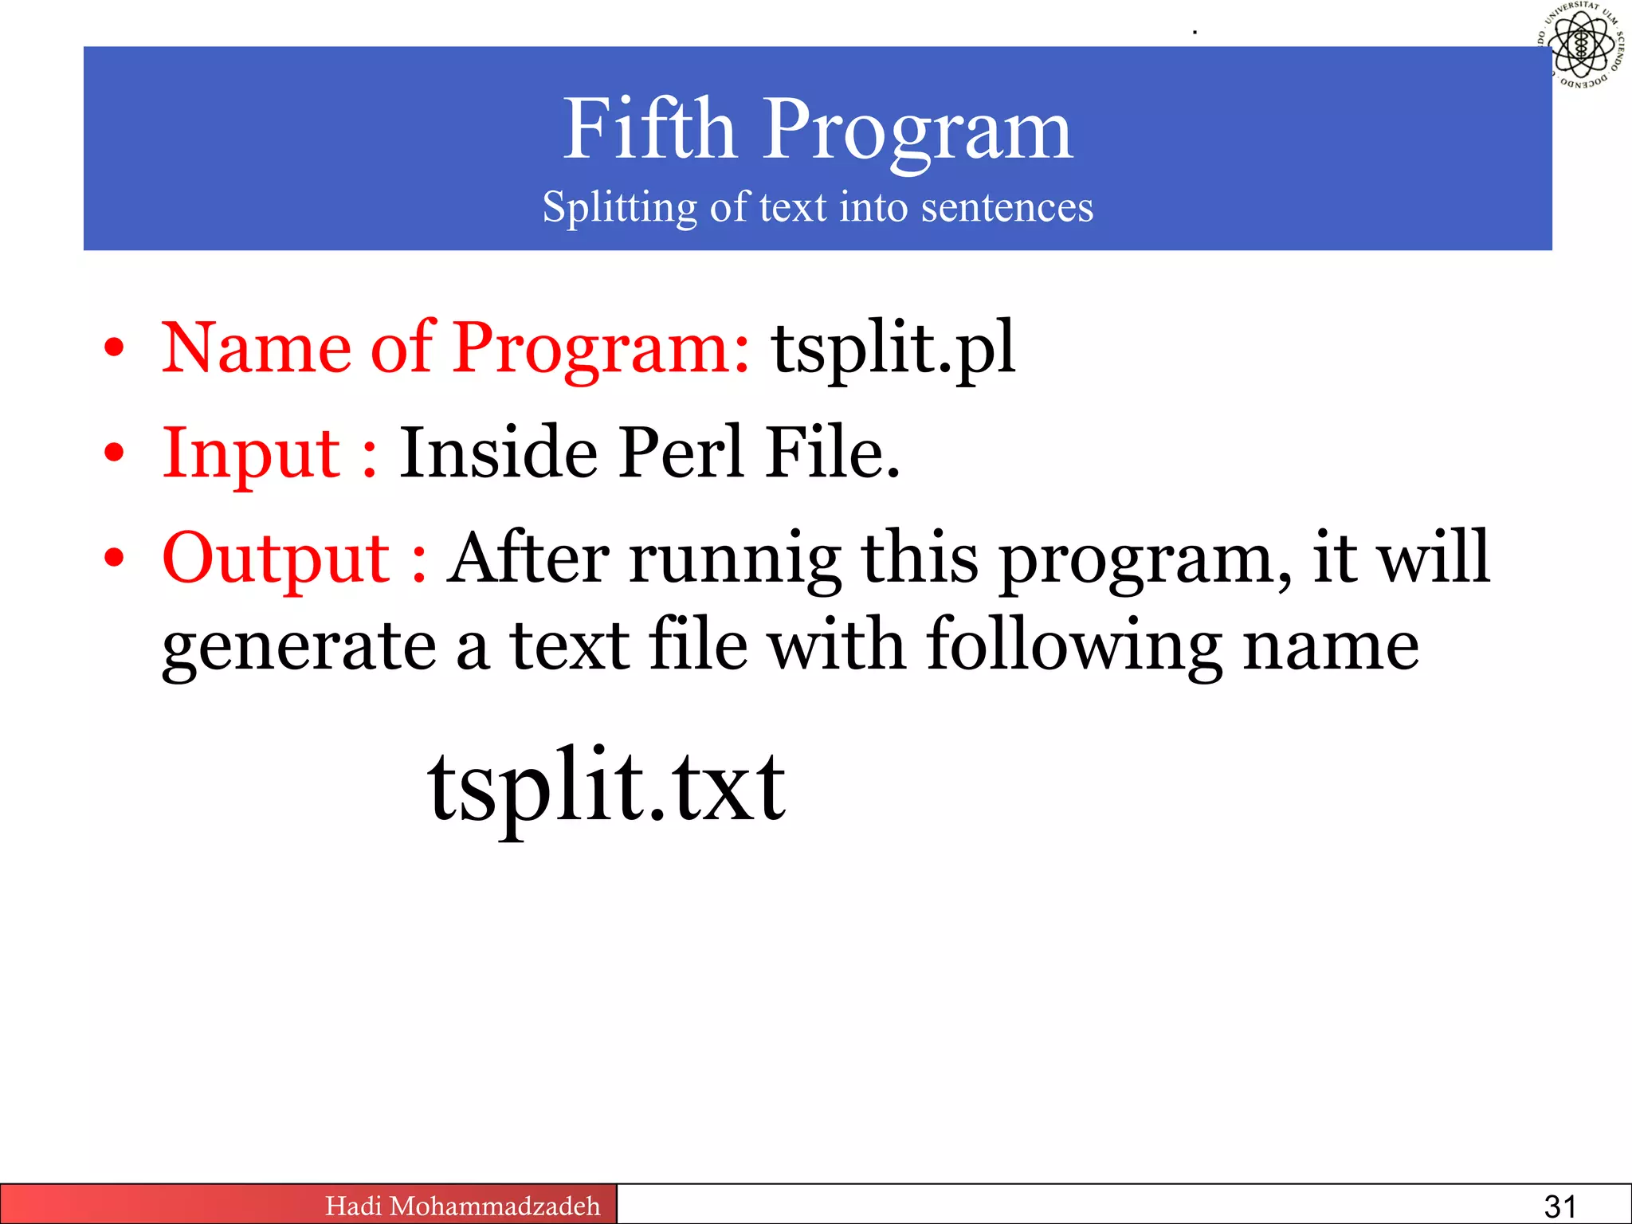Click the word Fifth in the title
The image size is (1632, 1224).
pyautogui.click(x=649, y=129)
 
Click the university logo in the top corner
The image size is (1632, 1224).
pyautogui.click(x=1582, y=45)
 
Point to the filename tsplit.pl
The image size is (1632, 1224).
pyautogui.click(x=893, y=348)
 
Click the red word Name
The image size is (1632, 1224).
pyautogui.click(x=256, y=348)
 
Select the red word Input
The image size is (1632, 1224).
pyautogui.click(x=252, y=453)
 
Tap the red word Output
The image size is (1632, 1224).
pyautogui.click(x=276, y=558)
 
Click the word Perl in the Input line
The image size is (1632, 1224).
pyautogui.click(x=681, y=453)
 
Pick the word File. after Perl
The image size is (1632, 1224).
pyautogui.click(x=832, y=453)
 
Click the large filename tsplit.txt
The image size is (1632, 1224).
pyautogui.click(x=606, y=787)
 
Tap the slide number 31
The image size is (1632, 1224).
pyautogui.click(x=1559, y=1206)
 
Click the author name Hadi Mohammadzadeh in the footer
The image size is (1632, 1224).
pyautogui.click(x=462, y=1206)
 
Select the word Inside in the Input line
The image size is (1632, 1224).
pyautogui.click(x=498, y=453)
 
